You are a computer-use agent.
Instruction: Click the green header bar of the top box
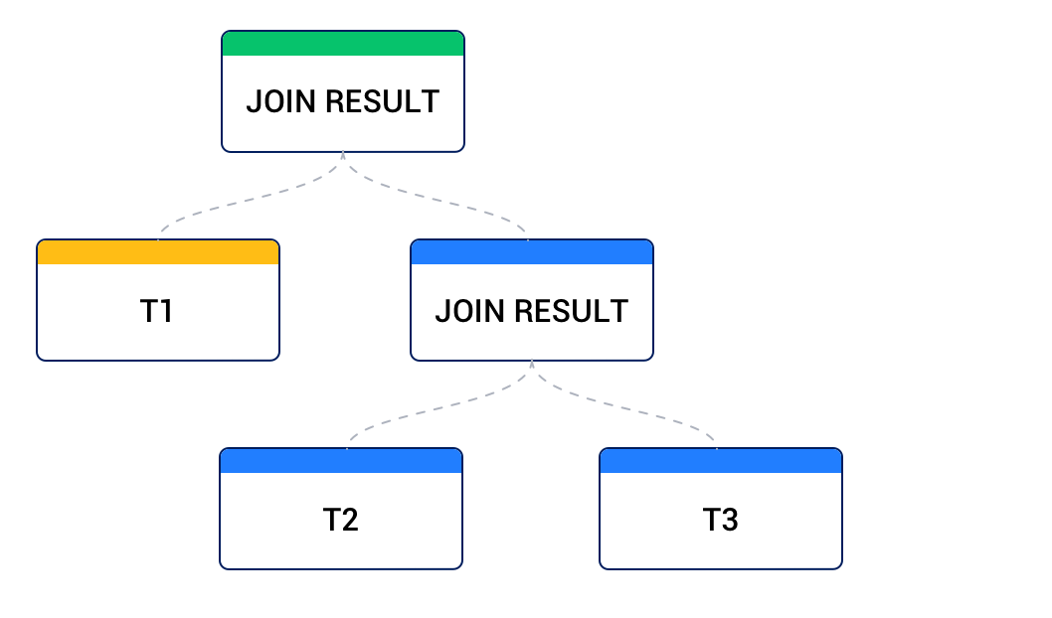click(x=342, y=44)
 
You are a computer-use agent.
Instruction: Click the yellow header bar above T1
click(x=158, y=252)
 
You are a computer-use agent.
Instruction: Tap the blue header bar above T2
click(x=341, y=461)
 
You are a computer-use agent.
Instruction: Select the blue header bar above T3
click(x=721, y=461)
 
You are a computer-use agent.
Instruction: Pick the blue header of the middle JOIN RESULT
click(x=532, y=252)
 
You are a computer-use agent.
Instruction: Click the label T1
click(x=158, y=311)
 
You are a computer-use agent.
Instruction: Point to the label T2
click(x=341, y=520)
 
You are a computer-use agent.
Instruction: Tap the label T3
click(x=721, y=520)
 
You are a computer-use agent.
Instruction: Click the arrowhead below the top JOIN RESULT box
click(x=343, y=156)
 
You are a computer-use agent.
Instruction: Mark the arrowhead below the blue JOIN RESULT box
click(x=532, y=365)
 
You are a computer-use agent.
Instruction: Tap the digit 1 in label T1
click(x=166, y=311)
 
